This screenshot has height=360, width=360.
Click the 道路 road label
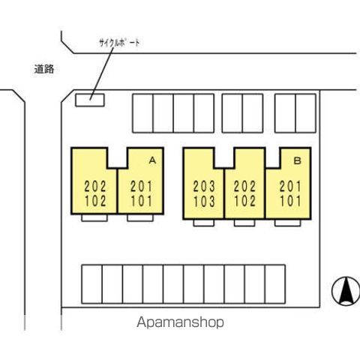44,69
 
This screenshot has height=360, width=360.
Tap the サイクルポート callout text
119,43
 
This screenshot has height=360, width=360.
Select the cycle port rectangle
90,100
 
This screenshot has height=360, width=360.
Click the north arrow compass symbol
346,291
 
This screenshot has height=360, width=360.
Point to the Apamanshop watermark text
180,322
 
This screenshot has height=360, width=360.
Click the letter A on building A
152,160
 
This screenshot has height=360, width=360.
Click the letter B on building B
297,160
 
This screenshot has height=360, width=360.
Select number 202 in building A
95,187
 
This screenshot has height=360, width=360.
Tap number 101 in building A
142,201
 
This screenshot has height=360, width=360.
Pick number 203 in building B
204,187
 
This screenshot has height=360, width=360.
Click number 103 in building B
204,202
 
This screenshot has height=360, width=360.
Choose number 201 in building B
290,187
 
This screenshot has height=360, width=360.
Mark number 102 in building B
245,201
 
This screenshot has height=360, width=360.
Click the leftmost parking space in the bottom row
92,284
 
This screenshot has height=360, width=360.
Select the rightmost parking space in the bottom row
275,284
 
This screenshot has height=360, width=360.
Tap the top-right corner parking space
306,113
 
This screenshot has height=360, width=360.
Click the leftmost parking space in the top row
142,113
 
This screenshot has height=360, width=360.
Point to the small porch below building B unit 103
204,223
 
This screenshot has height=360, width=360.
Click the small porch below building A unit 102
94,218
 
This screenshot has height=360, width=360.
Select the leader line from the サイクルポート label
102,73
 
